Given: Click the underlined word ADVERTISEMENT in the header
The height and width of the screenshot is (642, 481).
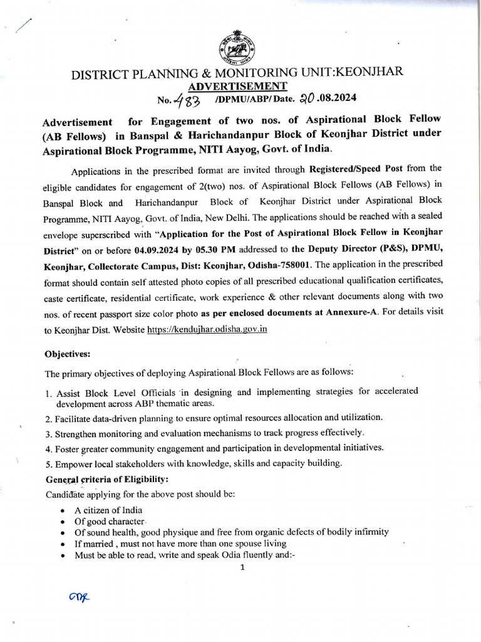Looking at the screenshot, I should pos(238,86).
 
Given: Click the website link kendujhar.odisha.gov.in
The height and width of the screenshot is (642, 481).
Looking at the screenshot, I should pos(207,329).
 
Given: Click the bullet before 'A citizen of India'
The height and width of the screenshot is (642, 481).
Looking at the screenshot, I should pos(63,510).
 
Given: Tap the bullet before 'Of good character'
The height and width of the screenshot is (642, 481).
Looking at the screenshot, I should pos(63,521).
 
